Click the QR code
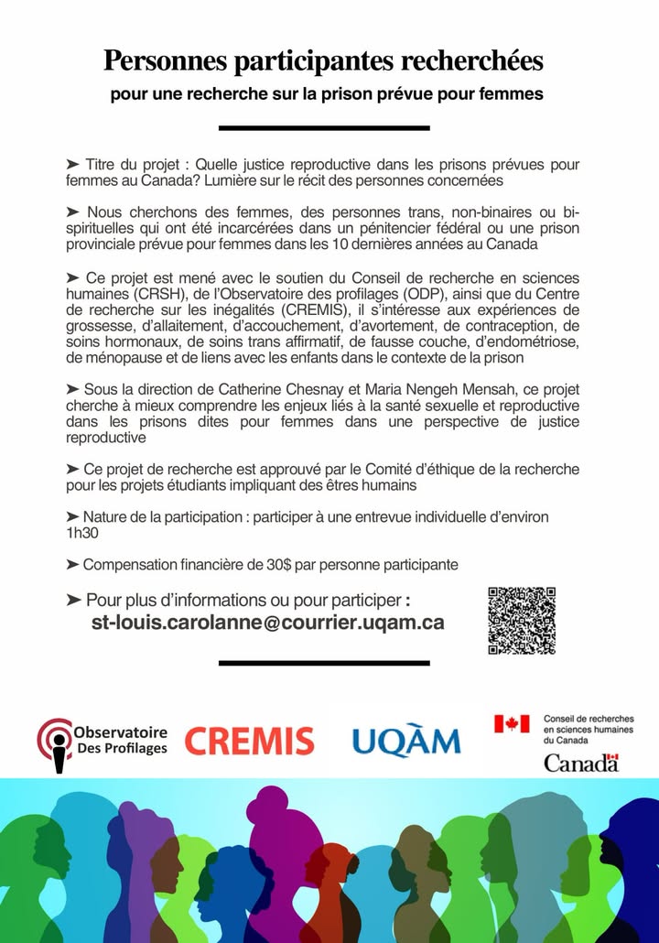522,620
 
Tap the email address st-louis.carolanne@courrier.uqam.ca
268,623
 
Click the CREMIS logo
249,741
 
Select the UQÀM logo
406,739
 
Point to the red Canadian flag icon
512,723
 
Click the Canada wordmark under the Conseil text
581,762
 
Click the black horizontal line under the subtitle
324,128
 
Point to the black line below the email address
324,662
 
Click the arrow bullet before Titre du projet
73,164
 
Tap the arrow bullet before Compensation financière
73,565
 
